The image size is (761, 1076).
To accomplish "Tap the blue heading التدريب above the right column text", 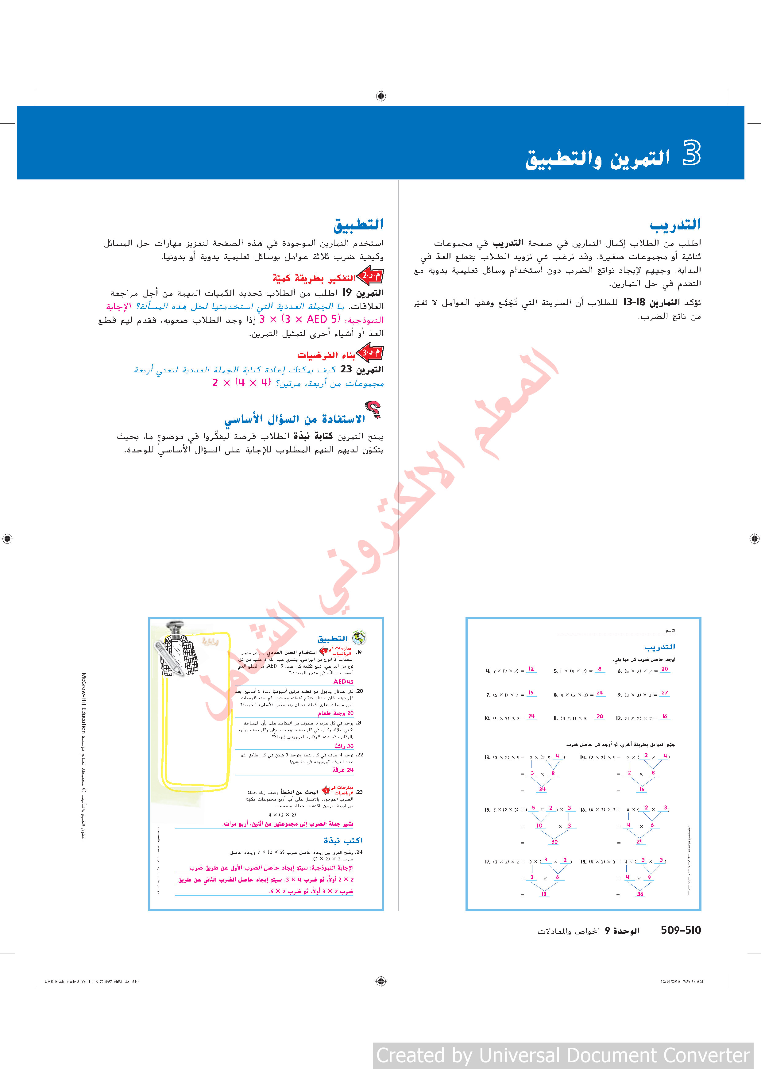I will click(x=675, y=225).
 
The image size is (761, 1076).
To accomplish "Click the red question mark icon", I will click(x=373, y=409).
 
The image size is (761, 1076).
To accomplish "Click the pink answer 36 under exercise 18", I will click(x=640, y=894).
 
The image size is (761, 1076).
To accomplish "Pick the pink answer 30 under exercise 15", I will click(x=554, y=842).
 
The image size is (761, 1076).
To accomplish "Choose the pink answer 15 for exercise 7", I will click(x=531, y=693).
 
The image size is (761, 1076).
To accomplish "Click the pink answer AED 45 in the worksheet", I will click(x=343, y=682).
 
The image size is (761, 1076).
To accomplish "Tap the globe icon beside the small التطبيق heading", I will click(x=359, y=637).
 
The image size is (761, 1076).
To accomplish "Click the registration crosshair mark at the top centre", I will click(x=381, y=96).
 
